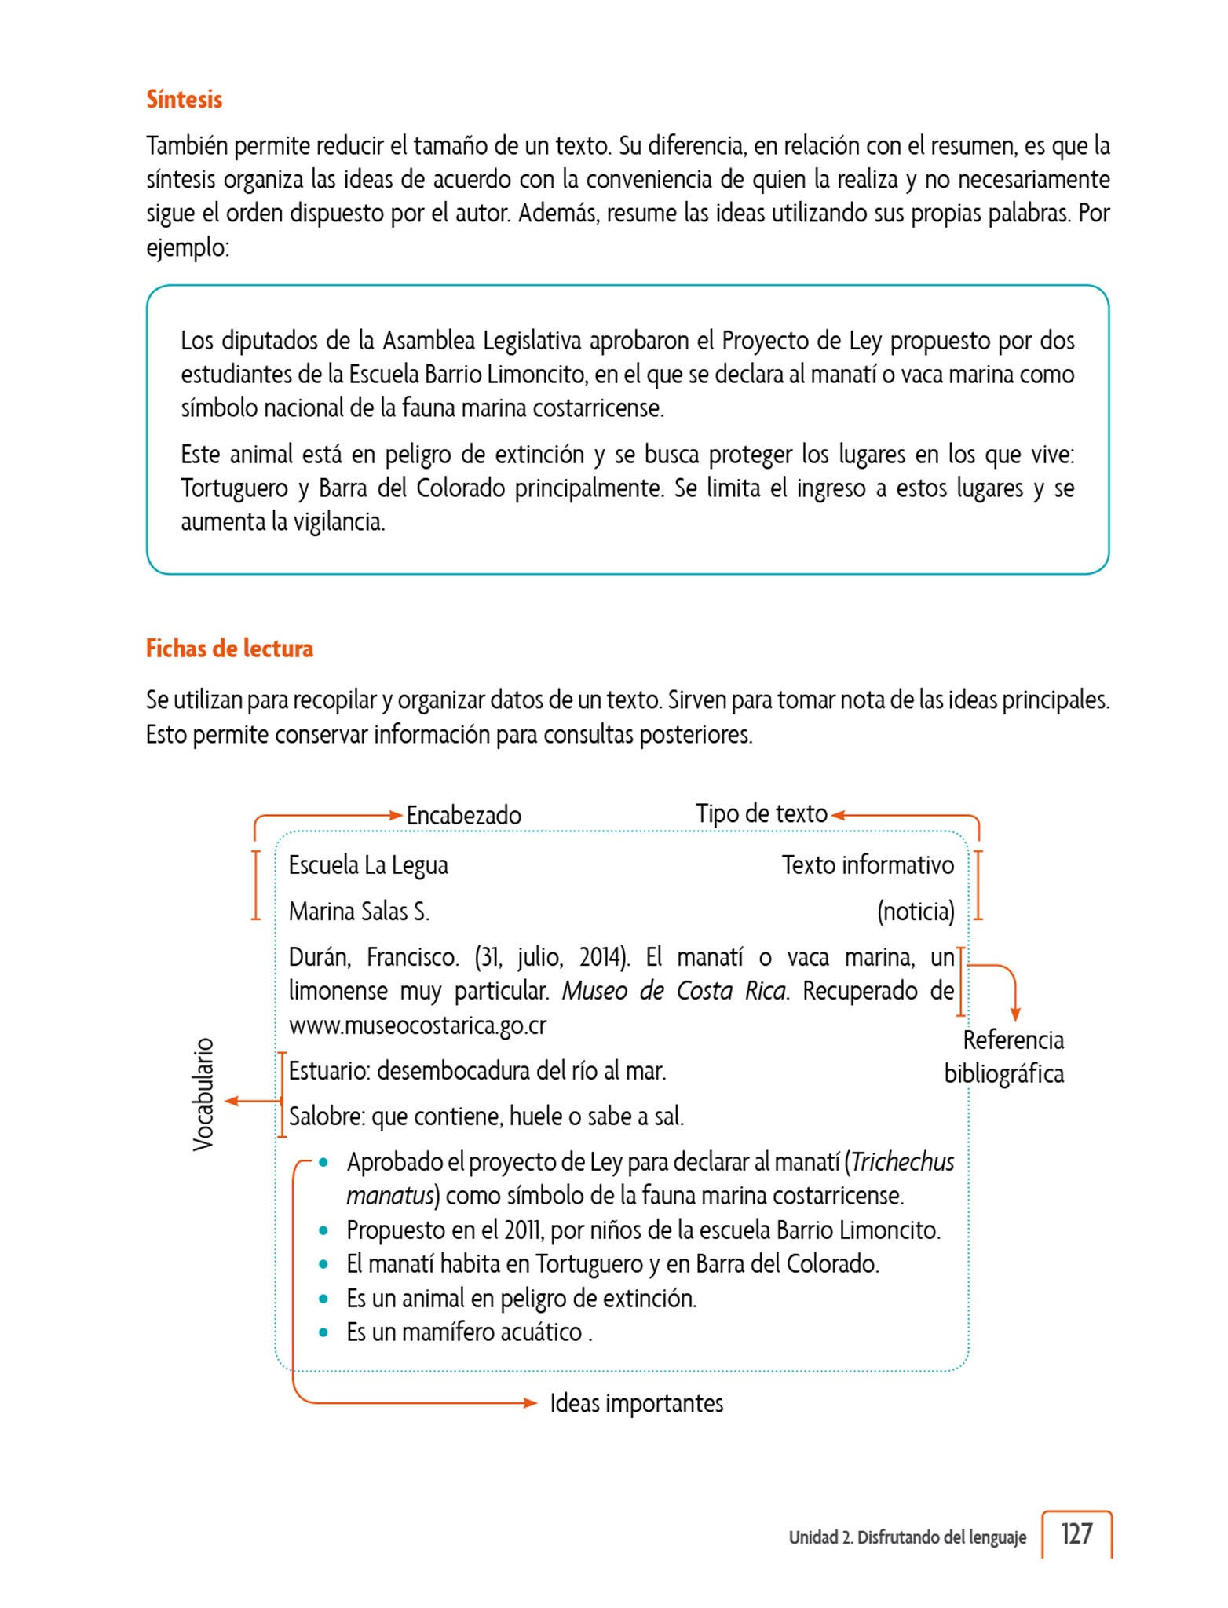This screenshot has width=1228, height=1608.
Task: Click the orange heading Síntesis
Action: click(x=184, y=100)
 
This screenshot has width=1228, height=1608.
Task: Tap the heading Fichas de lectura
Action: click(x=229, y=649)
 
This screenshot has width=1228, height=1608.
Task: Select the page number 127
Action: click(x=1076, y=1533)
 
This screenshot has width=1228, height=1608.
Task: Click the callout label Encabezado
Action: click(x=463, y=815)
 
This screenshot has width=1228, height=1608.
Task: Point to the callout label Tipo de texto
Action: click(x=761, y=813)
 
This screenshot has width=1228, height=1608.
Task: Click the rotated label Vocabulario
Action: click(x=203, y=1095)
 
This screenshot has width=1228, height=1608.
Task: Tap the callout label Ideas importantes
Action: click(x=636, y=1403)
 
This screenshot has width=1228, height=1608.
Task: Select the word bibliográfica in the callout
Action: click(x=1003, y=1073)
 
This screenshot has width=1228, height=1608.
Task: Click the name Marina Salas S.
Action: click(x=359, y=912)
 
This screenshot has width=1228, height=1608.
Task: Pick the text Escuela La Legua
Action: click(x=368, y=865)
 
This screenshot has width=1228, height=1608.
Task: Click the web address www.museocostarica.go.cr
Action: click(x=417, y=1025)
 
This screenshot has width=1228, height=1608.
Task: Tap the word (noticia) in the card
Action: click(x=916, y=912)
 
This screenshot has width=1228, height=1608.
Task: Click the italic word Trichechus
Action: click(x=903, y=1162)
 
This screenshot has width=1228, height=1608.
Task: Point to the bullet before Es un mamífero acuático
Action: click(x=323, y=1332)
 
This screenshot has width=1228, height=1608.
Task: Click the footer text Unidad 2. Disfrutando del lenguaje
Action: click(x=907, y=1537)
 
